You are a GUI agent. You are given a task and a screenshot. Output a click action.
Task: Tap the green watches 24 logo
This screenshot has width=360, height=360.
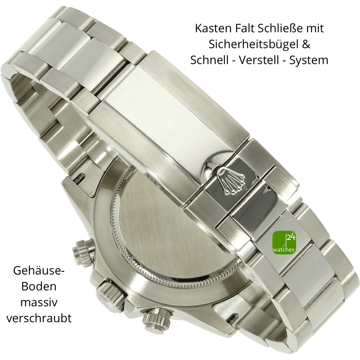(x=284, y=243)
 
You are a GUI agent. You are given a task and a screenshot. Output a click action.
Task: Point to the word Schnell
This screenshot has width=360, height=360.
(x=209, y=60)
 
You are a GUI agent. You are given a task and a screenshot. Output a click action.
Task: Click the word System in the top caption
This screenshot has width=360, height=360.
(x=309, y=61)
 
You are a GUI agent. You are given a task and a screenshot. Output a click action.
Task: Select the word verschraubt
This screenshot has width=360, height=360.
(x=39, y=319)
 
